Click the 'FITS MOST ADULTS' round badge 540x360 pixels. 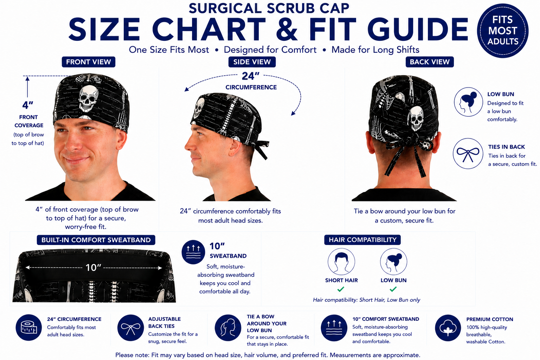click(503, 31)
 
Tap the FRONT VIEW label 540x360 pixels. click(89, 62)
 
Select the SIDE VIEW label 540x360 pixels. click(252, 62)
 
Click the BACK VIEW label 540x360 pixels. click(430, 62)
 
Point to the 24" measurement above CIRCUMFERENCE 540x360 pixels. click(250, 76)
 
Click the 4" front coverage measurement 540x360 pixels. click(28, 105)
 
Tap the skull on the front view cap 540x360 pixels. click(88, 98)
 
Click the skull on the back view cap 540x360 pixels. click(415, 119)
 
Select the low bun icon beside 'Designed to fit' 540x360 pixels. click(468, 102)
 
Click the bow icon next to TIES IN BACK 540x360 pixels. click(468, 154)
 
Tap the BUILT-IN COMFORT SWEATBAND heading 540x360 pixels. click(96, 240)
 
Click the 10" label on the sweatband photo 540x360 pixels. click(93, 268)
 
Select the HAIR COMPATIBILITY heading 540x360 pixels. click(362, 240)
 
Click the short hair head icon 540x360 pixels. click(341, 262)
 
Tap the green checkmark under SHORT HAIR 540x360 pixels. click(341, 289)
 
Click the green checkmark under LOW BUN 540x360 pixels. click(393, 289)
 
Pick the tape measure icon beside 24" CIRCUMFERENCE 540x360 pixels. click(29, 327)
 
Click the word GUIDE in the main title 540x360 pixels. click(418, 30)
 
